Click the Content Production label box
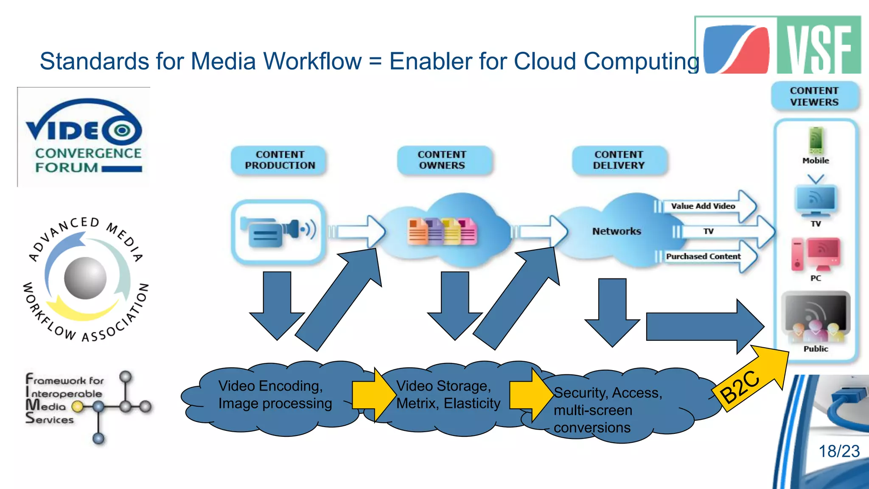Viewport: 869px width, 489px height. [x=280, y=160]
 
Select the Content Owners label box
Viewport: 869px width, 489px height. [x=442, y=160]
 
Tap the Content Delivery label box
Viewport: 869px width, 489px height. [x=619, y=160]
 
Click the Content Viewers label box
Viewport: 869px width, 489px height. [x=814, y=96]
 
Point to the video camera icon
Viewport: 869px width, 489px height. [x=278, y=232]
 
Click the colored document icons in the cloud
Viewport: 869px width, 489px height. [x=442, y=232]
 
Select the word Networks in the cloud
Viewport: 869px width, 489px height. [x=617, y=231]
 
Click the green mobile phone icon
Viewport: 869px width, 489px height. [x=816, y=141]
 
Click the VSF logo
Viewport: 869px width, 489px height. [x=777, y=46]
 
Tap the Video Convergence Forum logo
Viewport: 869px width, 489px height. [x=84, y=137]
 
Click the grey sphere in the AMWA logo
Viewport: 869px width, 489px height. [x=85, y=278]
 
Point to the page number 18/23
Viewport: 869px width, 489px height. [x=838, y=451]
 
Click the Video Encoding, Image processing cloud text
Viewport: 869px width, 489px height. [x=275, y=394]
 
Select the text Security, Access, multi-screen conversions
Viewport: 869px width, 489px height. [x=607, y=410]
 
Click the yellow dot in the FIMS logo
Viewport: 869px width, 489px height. [x=77, y=407]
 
